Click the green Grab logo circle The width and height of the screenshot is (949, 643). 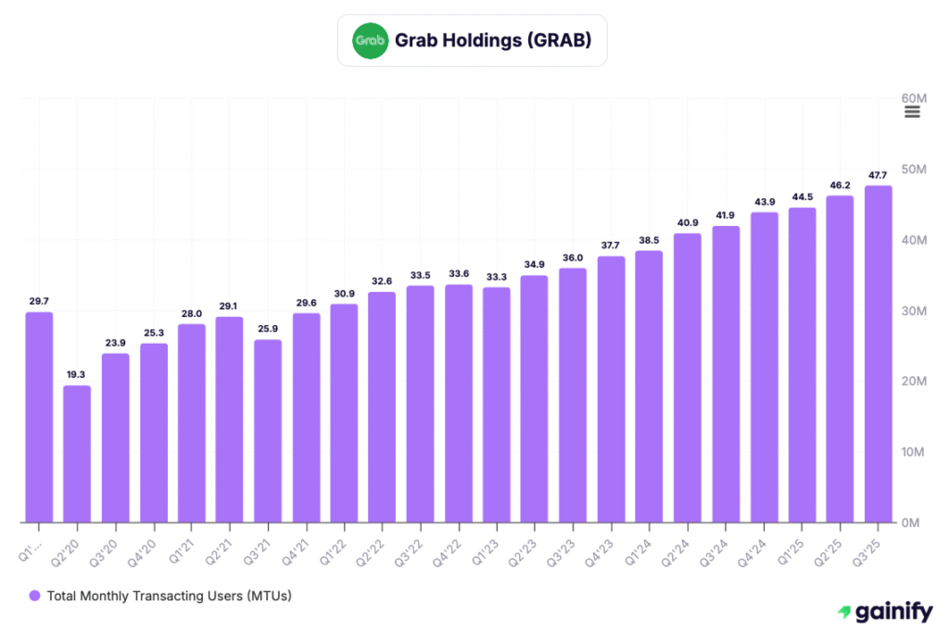point(371,41)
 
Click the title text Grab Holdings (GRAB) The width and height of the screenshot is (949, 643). point(492,41)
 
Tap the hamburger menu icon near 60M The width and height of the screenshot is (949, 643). point(912,112)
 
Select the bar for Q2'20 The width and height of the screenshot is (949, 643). point(77,454)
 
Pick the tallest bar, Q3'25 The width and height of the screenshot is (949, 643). point(878,354)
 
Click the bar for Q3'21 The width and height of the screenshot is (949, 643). point(268,431)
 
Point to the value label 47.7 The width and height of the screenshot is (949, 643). point(878,174)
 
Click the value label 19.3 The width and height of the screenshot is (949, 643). point(77,374)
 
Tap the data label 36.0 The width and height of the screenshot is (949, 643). point(573,258)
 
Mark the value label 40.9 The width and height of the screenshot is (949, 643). point(687,222)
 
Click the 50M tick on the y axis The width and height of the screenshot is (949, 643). point(915,170)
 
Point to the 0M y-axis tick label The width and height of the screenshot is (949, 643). point(912,523)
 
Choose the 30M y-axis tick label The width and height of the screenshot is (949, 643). point(915,310)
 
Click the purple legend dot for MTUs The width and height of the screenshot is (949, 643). point(35,596)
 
